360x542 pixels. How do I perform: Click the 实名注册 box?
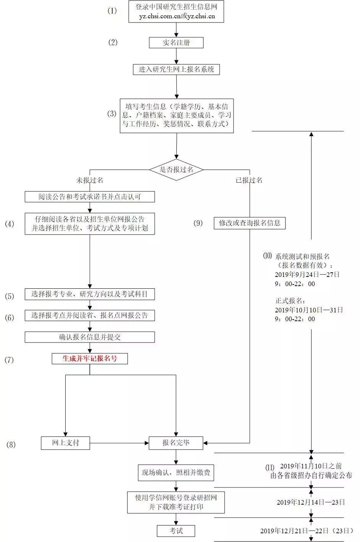click(176, 43)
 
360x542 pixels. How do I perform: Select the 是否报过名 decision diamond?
click(176, 170)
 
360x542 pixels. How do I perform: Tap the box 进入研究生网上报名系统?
click(176, 69)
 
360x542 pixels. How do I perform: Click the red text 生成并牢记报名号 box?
click(90, 359)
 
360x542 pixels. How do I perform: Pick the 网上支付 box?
click(66, 443)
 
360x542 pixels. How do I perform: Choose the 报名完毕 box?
click(176, 443)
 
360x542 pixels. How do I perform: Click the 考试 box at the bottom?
click(176, 531)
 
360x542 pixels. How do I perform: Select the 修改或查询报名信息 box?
click(250, 223)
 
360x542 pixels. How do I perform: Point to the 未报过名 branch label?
click(90, 180)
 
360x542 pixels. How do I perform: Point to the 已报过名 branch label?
click(249, 180)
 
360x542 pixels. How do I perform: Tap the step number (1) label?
click(112, 11)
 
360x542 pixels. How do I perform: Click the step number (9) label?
click(198, 223)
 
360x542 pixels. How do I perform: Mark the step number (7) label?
click(9, 360)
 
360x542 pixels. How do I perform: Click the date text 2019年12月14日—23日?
click(311, 502)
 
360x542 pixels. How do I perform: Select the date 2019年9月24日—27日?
click(307, 275)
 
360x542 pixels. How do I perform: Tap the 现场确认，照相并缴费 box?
click(176, 473)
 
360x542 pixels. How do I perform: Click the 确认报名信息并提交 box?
click(90, 337)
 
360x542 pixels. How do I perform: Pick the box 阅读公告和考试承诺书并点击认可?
click(90, 197)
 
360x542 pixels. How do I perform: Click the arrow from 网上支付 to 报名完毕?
click(119, 443)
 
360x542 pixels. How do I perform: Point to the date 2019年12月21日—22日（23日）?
click(307, 531)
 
